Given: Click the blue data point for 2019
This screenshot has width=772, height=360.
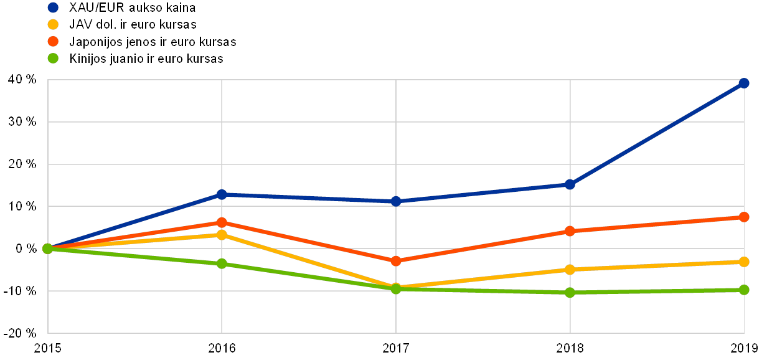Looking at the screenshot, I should tap(743, 83).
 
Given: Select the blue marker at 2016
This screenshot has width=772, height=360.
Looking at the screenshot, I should tap(221, 194).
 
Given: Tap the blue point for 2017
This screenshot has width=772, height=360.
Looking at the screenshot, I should tap(395, 201).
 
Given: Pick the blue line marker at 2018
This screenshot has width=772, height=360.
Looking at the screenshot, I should tap(570, 184).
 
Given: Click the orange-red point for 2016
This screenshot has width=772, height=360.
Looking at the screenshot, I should tap(221, 222).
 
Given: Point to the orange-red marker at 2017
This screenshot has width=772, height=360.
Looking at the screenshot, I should tap(395, 260).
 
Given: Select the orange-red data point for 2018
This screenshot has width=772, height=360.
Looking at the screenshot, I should tap(570, 231).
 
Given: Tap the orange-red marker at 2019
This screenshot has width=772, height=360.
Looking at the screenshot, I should tap(743, 217).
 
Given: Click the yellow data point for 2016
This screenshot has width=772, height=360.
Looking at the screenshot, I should tap(221, 235).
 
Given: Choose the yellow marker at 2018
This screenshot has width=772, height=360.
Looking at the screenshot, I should tap(570, 270).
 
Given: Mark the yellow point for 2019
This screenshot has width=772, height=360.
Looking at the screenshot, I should tap(743, 262).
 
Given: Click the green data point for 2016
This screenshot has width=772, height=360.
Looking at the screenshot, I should tap(221, 263).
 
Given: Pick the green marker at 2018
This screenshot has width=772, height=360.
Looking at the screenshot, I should tap(570, 292).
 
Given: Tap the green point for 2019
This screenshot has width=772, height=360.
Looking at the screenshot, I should tap(743, 290).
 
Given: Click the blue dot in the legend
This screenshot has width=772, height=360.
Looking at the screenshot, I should tap(53, 7).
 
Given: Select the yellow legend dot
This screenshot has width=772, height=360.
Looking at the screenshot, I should tap(53, 24).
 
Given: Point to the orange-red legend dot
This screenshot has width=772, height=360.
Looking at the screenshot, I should tap(53, 42).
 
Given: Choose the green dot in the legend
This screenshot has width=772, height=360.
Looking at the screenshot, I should tap(53, 59).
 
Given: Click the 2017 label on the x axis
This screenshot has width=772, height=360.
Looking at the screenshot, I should tap(396, 348).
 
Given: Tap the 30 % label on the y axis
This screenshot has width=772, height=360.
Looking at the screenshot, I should tap(22, 122).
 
